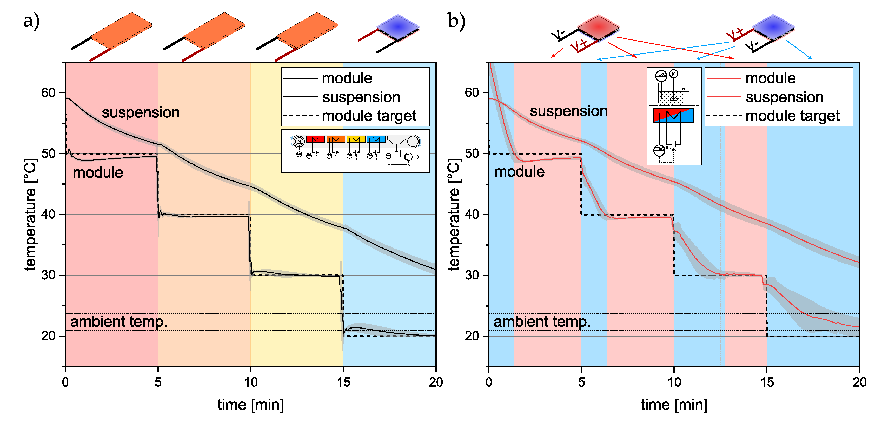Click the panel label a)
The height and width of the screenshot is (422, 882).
[31, 21]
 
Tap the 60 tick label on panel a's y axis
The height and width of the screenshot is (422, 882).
[48, 92]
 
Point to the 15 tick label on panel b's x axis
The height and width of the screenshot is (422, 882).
[767, 382]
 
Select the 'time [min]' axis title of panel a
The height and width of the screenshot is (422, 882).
[251, 405]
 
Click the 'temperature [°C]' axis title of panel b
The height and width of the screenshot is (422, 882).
[454, 215]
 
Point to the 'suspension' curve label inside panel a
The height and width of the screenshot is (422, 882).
[141, 112]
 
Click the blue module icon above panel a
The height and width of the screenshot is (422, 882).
[397, 27]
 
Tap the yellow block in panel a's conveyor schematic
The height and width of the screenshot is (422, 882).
[356, 139]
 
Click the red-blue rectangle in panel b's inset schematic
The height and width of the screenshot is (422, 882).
[673, 115]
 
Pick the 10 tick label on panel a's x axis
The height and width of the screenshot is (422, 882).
[251, 382]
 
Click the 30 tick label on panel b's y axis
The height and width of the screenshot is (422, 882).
[472, 275]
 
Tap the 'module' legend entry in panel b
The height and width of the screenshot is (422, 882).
[770, 78]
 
